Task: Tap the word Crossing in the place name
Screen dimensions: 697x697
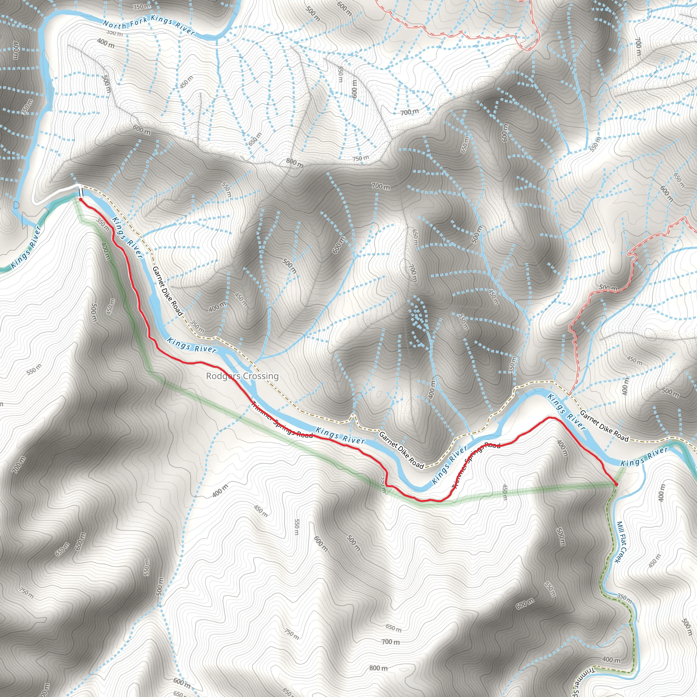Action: tap(260, 376)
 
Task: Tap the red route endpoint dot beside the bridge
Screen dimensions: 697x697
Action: tap(80, 199)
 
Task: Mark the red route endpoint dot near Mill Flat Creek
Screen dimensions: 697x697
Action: tap(616, 484)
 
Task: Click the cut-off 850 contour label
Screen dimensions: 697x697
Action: tap(287, 692)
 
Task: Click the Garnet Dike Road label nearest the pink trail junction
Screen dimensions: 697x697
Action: tap(604, 426)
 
